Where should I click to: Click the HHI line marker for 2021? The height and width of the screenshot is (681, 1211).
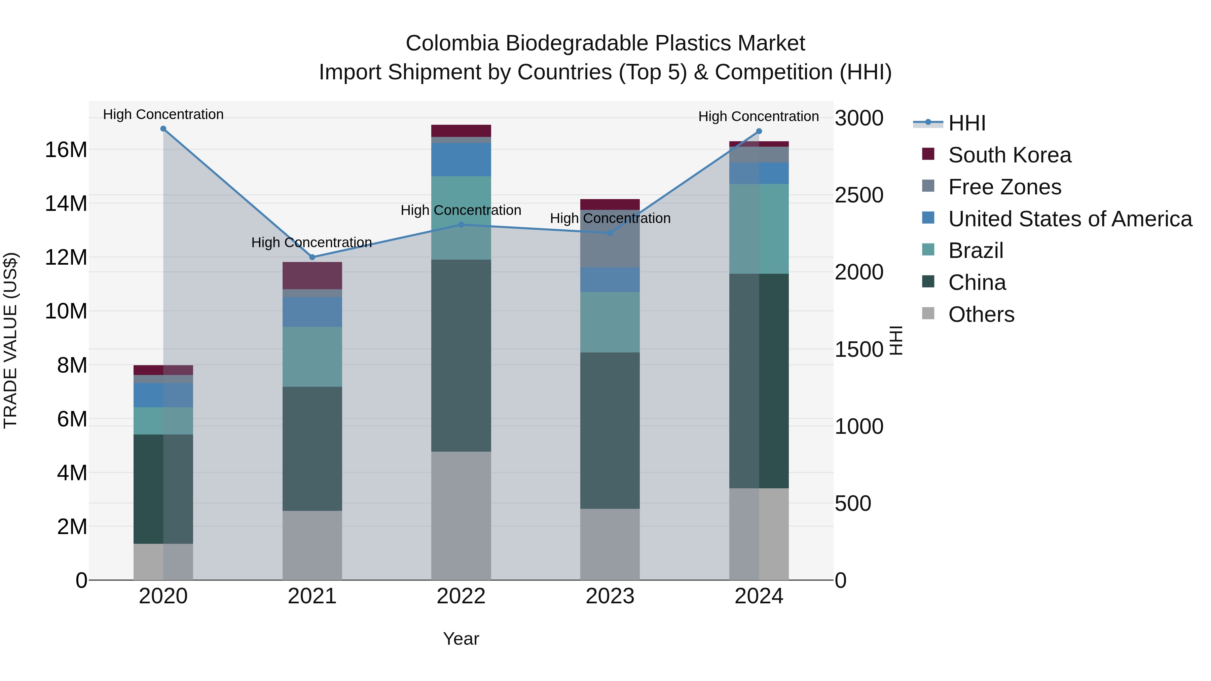pyautogui.click(x=312, y=257)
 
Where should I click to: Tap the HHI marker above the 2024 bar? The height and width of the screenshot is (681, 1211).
pyautogui.click(x=759, y=131)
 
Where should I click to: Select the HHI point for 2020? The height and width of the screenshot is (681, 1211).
pyautogui.click(x=163, y=129)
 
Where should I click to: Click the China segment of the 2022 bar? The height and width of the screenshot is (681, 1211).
pyautogui.click(x=461, y=355)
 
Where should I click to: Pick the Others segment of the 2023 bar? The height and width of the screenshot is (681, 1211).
pyautogui.click(x=610, y=544)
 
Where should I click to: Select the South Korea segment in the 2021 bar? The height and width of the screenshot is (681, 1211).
pyautogui.click(x=312, y=275)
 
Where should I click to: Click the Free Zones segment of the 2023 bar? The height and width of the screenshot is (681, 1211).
pyautogui.click(x=610, y=239)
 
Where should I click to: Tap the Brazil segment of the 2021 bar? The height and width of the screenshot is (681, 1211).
pyautogui.click(x=312, y=357)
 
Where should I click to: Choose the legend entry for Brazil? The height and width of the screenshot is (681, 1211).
pyautogui.click(x=976, y=251)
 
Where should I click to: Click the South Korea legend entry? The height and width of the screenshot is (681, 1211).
pyautogui.click(x=1009, y=155)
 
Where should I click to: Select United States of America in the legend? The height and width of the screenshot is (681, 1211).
pyautogui.click(x=1069, y=219)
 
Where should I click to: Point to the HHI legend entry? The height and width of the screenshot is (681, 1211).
pyautogui.click(x=966, y=123)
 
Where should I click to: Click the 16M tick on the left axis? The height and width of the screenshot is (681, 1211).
pyautogui.click(x=66, y=150)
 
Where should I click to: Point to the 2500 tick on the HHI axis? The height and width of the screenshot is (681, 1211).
pyautogui.click(x=859, y=195)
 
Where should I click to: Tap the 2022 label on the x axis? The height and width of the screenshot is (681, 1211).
pyautogui.click(x=461, y=596)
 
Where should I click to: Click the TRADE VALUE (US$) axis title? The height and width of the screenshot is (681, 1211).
pyautogui.click(x=10, y=340)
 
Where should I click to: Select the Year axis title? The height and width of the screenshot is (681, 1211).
pyautogui.click(x=461, y=639)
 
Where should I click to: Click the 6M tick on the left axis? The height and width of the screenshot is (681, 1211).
pyautogui.click(x=72, y=419)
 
